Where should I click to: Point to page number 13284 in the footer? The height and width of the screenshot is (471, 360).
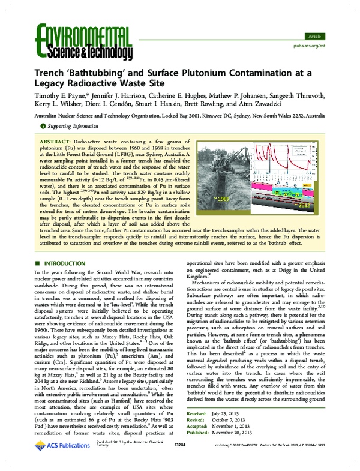(179, 460)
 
